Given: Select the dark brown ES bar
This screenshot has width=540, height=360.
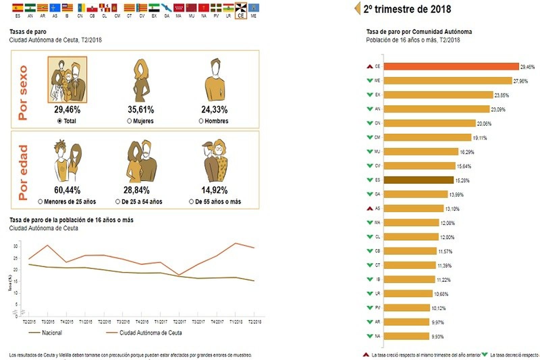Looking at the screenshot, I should [x=418, y=180].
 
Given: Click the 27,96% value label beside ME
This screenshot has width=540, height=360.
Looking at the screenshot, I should [x=520, y=81].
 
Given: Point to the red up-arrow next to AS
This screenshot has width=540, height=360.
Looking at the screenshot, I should [x=370, y=209].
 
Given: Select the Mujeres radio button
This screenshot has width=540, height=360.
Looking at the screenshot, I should [x=129, y=121].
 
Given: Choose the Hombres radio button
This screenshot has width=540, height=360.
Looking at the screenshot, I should [x=201, y=121].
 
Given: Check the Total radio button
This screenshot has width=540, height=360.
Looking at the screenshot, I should [x=60, y=121].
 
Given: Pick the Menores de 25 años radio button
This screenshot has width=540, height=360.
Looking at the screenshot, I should [x=40, y=202].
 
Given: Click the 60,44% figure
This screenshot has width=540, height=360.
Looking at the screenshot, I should [x=67, y=190].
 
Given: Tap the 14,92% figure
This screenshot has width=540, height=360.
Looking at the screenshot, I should [x=214, y=190].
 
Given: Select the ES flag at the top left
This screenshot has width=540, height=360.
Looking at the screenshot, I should [x=18, y=8].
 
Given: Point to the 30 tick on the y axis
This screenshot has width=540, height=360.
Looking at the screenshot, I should [x=16, y=247].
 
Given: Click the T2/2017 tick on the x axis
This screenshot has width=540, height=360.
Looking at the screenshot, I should [x=179, y=322].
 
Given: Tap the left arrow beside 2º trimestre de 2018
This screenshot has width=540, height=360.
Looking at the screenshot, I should [x=357, y=8].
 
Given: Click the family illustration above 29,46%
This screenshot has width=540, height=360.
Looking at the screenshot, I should [x=67, y=80].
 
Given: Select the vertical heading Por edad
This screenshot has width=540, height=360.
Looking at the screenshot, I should [x=23, y=172].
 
